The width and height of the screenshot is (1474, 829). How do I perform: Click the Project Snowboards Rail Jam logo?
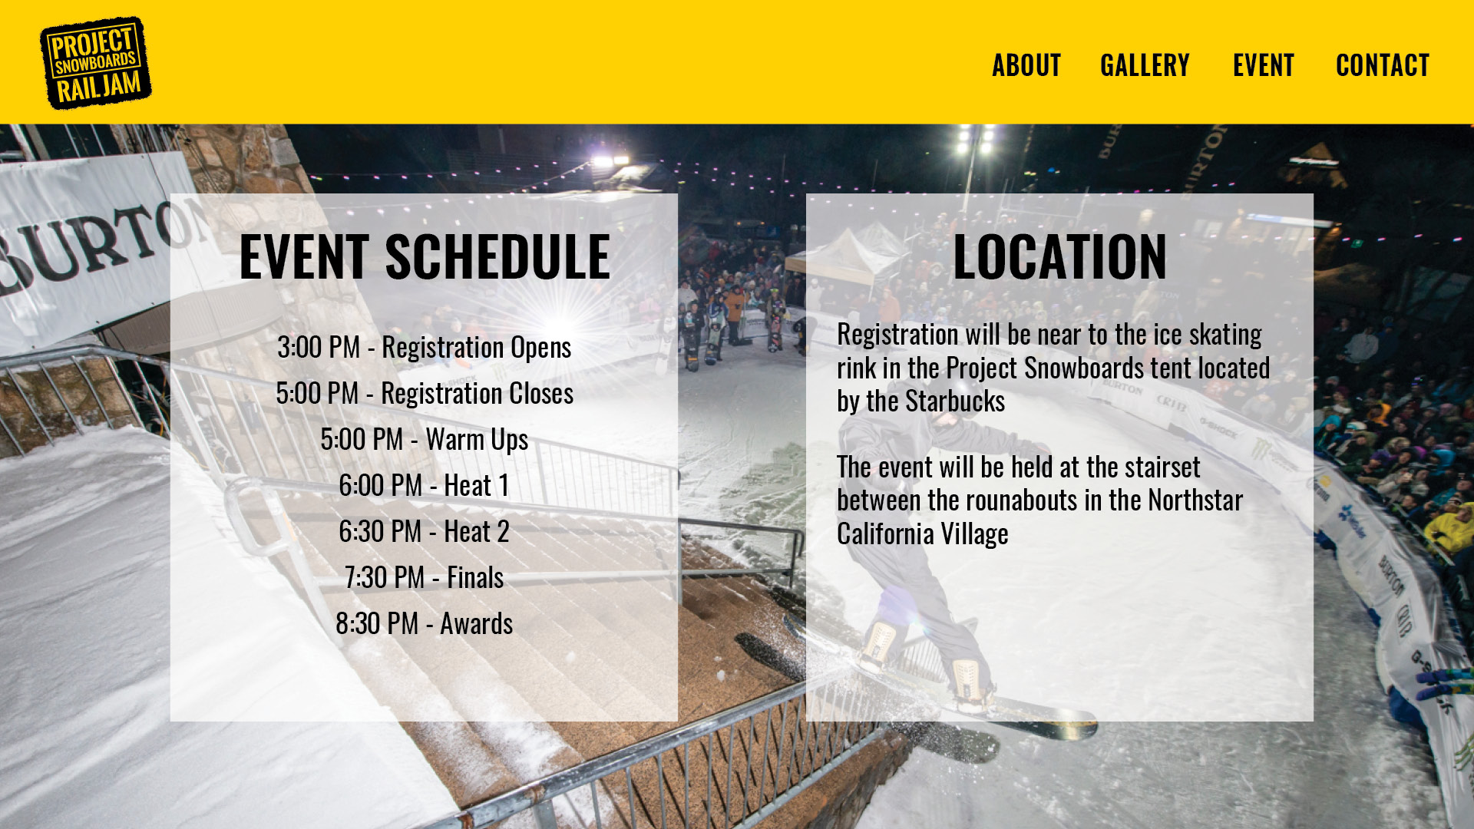pyautogui.click(x=96, y=63)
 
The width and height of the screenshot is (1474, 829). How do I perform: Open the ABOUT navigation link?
pyautogui.click(x=1026, y=65)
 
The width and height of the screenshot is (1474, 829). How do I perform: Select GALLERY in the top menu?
pyautogui.click(x=1145, y=65)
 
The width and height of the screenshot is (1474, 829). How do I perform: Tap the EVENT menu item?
pyautogui.click(x=1264, y=65)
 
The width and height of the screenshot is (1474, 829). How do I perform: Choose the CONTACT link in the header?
pyautogui.click(x=1383, y=65)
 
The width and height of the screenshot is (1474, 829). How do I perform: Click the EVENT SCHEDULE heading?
pyautogui.click(x=425, y=256)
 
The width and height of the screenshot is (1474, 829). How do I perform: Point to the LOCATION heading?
pyautogui.click(x=1059, y=256)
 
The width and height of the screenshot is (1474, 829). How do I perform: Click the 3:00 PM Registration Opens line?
pyautogui.click(x=425, y=348)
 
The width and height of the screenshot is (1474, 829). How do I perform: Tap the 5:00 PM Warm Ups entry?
pyautogui.click(x=425, y=440)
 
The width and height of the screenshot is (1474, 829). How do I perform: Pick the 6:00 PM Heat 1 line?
pyautogui.click(x=425, y=485)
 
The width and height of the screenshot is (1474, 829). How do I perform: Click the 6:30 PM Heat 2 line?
pyautogui.click(x=425, y=531)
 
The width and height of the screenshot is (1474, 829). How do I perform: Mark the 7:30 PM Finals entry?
pyautogui.click(x=425, y=577)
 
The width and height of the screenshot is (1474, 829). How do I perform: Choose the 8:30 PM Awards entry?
pyautogui.click(x=425, y=623)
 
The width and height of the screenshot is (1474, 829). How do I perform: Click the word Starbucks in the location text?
pyautogui.click(x=955, y=401)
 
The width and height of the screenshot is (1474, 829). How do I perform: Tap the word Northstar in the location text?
pyautogui.click(x=1195, y=500)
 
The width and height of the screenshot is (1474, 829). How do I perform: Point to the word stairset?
pyautogui.click(x=1158, y=467)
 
